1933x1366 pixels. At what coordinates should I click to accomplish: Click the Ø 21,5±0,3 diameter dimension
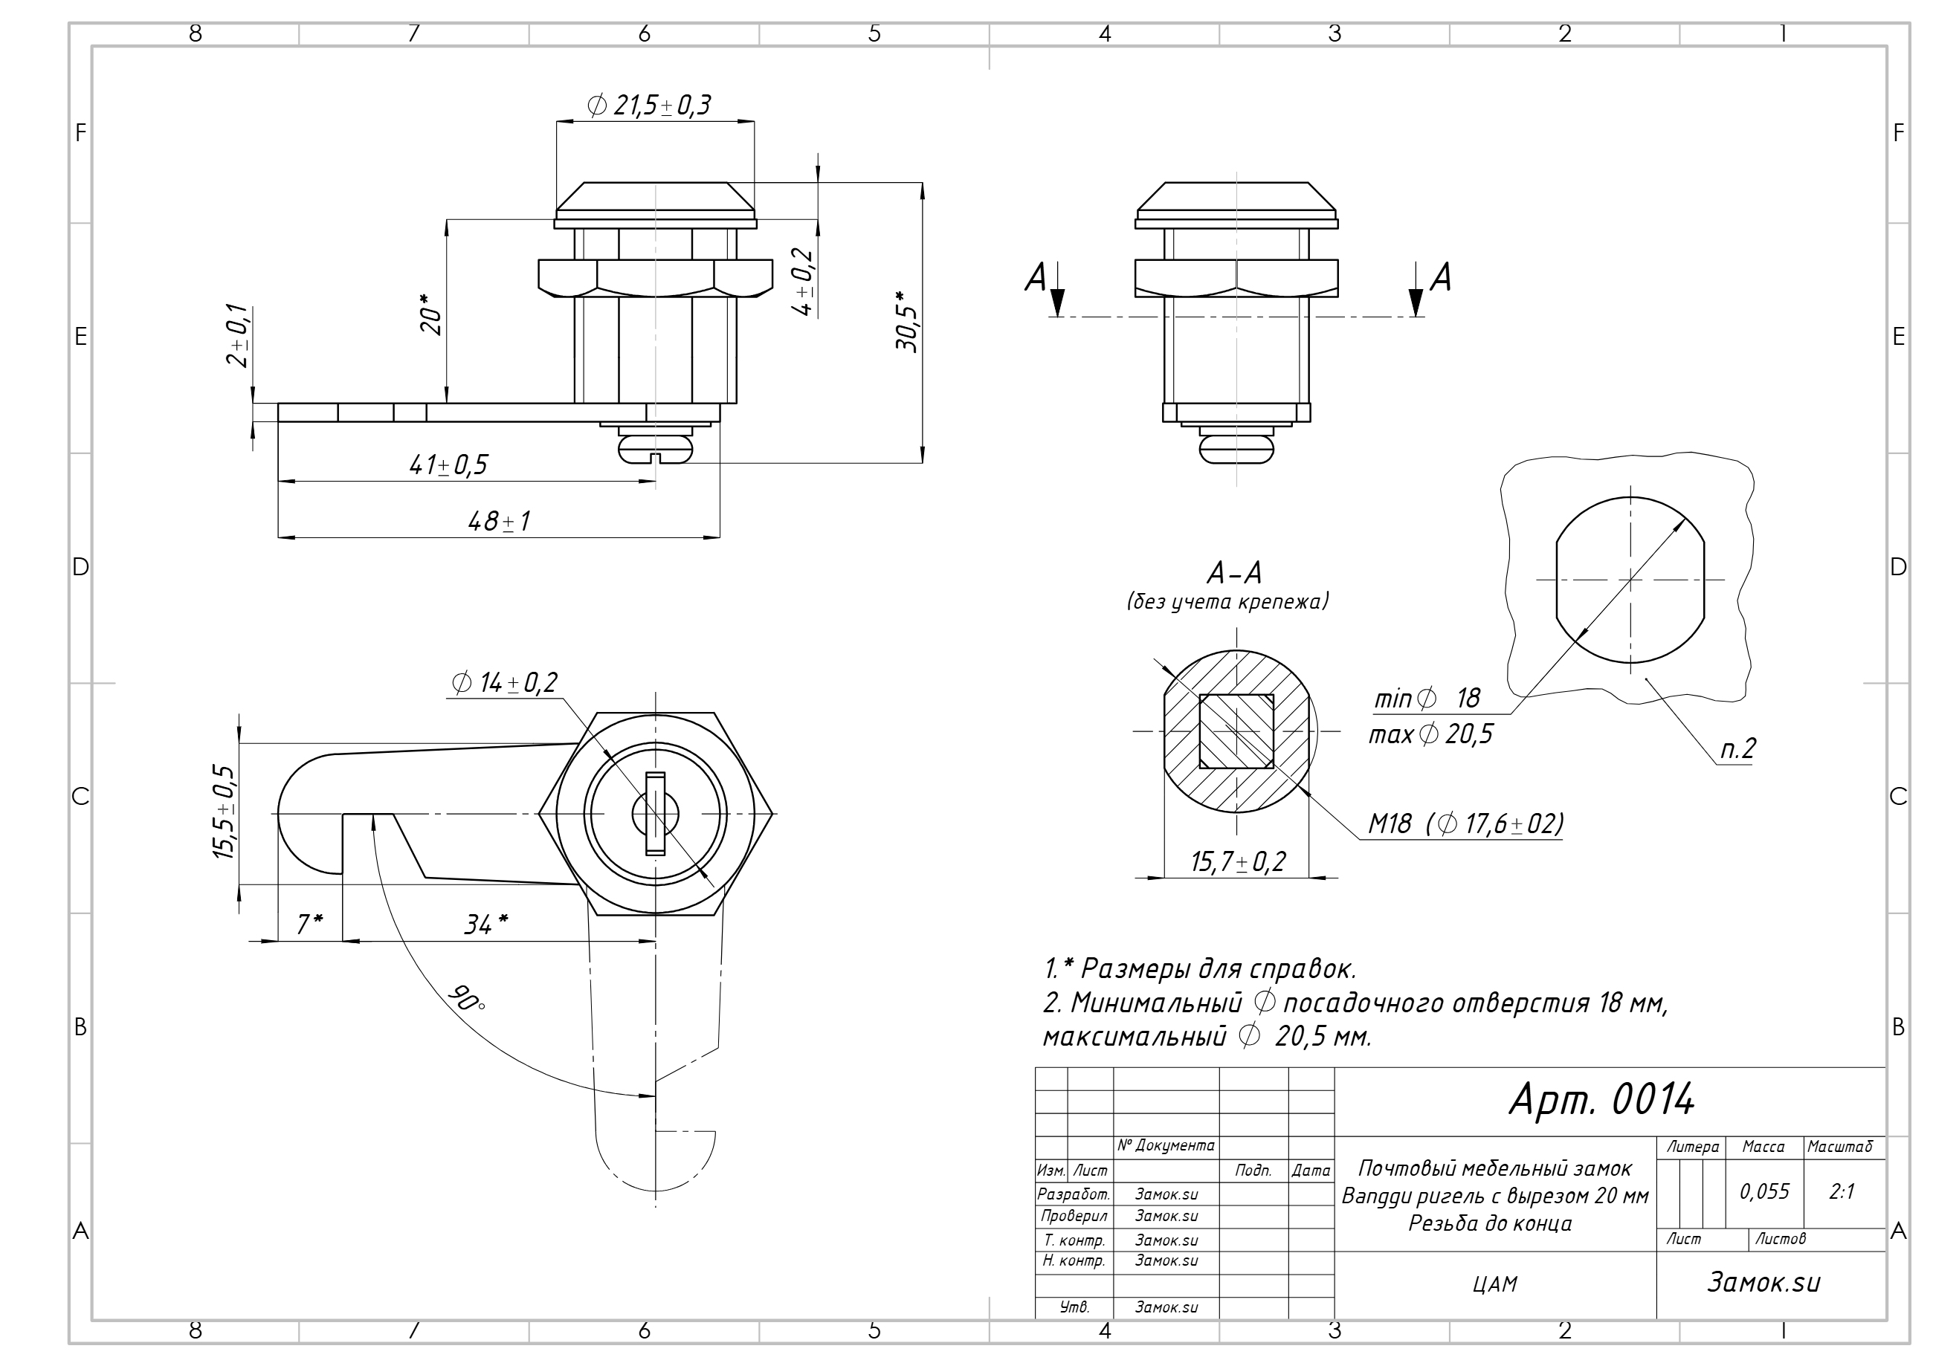coord(649,106)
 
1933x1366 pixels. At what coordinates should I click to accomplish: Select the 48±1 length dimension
coord(500,522)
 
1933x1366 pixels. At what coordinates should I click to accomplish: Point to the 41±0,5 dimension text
coord(449,465)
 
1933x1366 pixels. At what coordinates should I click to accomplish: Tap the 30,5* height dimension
coord(907,322)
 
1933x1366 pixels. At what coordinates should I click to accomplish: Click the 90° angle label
coord(465,997)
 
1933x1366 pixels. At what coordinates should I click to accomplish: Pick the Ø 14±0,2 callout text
coord(504,682)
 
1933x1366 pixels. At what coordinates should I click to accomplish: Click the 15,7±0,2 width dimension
coord(1238,862)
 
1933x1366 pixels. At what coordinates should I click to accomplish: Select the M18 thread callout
coord(1465,823)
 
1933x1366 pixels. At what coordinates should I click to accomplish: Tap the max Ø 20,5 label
coord(1430,735)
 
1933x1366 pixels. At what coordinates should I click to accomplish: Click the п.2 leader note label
coord(1737,749)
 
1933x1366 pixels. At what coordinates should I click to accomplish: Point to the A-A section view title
coord(1235,574)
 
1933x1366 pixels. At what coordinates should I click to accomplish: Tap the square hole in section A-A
coord(1236,731)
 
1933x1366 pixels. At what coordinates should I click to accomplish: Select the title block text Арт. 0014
coord(1601,1099)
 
